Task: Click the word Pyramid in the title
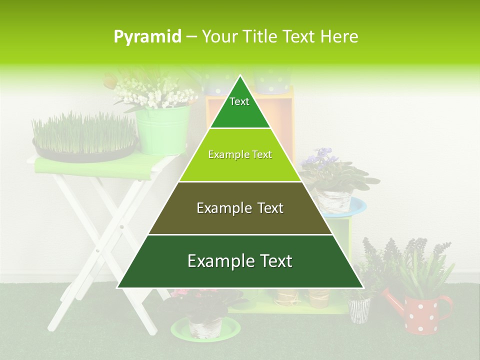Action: coord(147,36)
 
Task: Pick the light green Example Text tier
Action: coord(240,155)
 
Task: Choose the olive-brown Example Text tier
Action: coord(240,208)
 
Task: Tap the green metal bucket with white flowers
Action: coord(162,129)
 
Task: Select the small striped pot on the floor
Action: coord(359,309)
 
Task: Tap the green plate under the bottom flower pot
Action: coord(205,329)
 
